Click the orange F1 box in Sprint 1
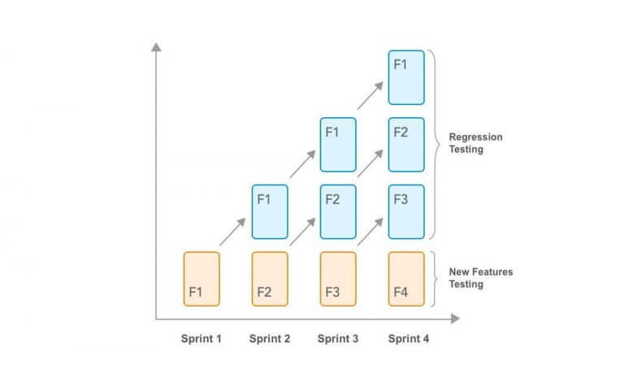[201, 279]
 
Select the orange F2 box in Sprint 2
[270, 279]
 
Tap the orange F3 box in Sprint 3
[338, 279]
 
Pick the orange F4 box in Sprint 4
[406, 279]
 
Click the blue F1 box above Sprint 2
[270, 212]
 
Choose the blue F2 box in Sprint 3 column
[338, 212]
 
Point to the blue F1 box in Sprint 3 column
[338, 145]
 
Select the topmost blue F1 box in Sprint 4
[406, 77]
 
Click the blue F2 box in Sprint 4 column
[406, 145]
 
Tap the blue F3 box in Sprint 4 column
[406, 212]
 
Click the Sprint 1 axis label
[201, 339]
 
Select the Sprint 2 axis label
[270, 339]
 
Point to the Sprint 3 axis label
[338, 339]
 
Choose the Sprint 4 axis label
[407, 339]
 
